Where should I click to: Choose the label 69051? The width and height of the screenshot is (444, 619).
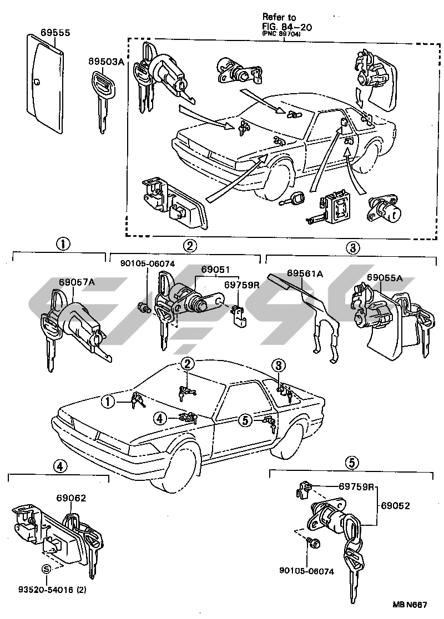(216, 269)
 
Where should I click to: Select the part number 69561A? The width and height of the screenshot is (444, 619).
(305, 273)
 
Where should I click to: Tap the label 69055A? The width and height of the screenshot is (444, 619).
(384, 277)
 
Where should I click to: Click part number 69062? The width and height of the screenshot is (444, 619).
(71, 498)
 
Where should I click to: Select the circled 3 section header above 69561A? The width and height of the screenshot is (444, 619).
(353, 247)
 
